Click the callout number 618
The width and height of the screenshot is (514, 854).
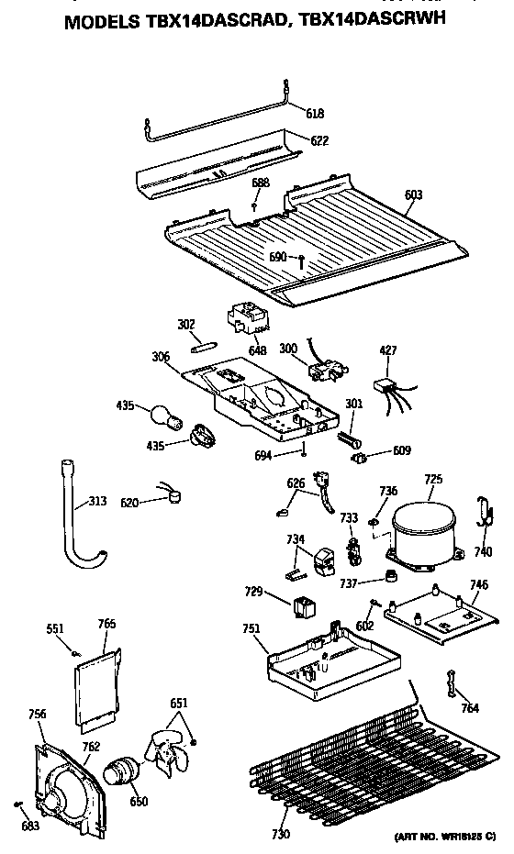[315, 113]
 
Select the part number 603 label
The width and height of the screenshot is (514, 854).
[413, 194]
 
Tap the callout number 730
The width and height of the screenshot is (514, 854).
[280, 834]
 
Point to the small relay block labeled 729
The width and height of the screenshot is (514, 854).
[302, 606]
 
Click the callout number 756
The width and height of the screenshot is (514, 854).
[37, 714]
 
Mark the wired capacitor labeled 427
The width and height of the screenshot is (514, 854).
[385, 388]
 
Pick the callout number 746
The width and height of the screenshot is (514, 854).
[478, 584]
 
